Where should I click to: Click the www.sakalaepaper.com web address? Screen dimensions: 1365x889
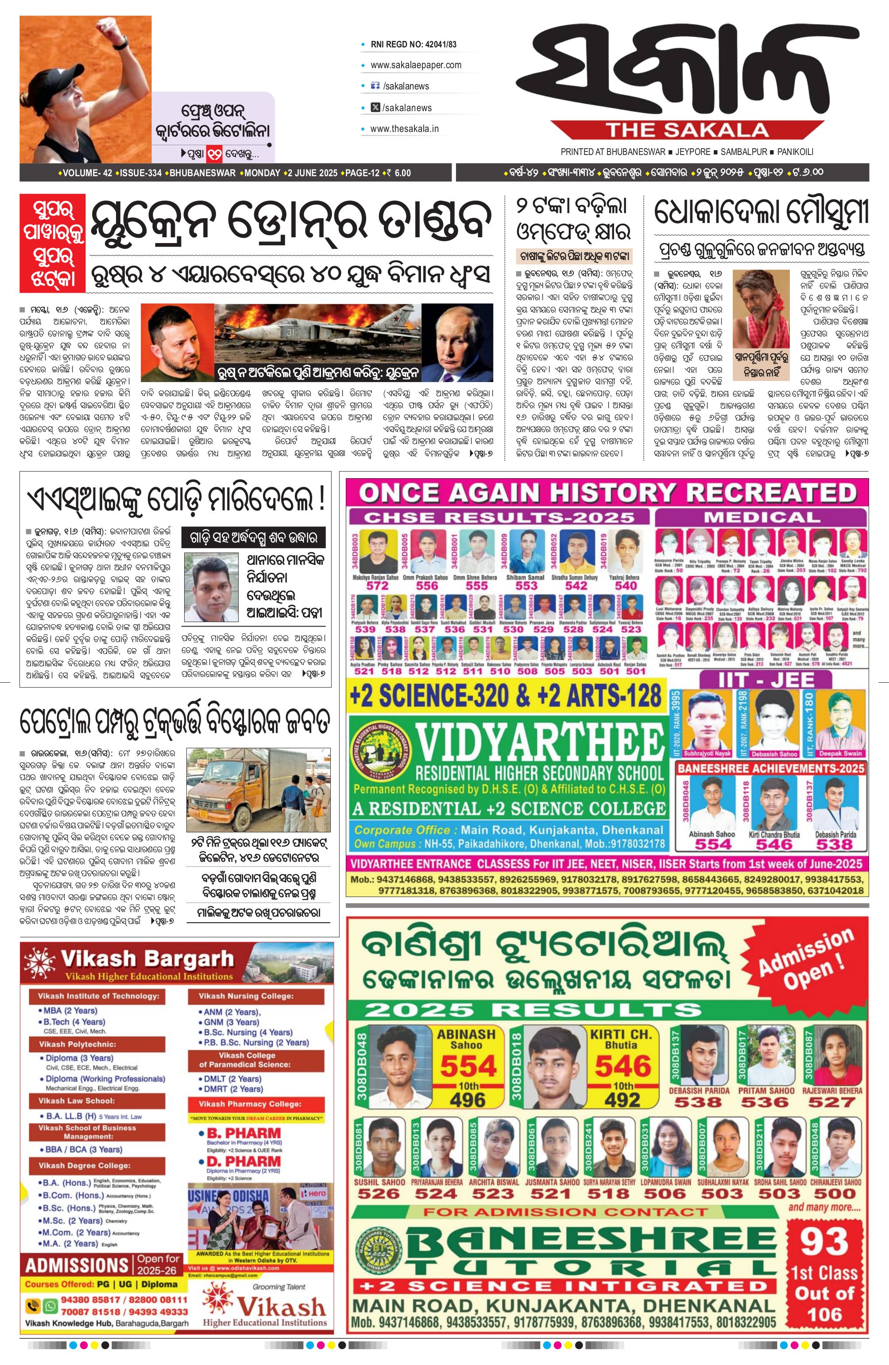pos(416,65)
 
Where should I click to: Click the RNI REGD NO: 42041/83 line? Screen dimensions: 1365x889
pos(414,44)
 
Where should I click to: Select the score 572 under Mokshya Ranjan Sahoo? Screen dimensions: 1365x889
pos(377,586)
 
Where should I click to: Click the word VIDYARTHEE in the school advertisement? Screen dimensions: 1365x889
pos(539,743)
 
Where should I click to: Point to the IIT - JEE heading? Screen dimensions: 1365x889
pos(766,680)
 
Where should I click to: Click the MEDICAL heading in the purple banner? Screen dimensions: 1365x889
pos(761,517)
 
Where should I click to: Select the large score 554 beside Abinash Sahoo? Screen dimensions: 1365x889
pos(468,1066)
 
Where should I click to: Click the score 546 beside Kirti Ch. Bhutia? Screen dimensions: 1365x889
pos(622,1066)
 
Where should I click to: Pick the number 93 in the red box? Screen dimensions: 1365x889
pos(824,1241)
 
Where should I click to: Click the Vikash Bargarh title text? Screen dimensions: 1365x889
pos(147,959)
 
